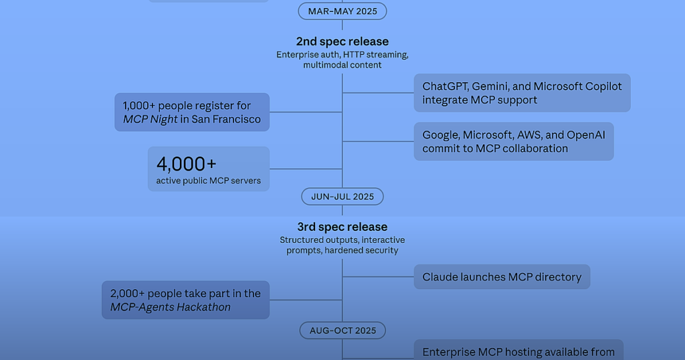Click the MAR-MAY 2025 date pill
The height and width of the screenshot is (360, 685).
(342, 11)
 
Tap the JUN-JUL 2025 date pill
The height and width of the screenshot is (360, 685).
(342, 197)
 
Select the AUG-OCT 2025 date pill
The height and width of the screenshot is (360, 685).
(342, 331)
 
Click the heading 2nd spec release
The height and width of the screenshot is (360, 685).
(342, 41)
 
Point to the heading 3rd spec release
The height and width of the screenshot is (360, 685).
(342, 227)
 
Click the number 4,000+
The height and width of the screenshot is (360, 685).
(187, 164)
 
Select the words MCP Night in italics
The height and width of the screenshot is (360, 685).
(151, 119)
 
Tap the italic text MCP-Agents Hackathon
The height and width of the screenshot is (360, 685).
(171, 307)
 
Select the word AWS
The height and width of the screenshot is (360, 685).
(529, 135)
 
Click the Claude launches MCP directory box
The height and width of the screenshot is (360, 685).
(502, 276)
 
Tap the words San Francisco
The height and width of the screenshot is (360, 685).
(226, 119)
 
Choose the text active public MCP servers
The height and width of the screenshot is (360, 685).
(209, 181)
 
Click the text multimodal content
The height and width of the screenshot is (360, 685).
(342, 65)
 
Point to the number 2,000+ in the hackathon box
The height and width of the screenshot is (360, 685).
(127, 294)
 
